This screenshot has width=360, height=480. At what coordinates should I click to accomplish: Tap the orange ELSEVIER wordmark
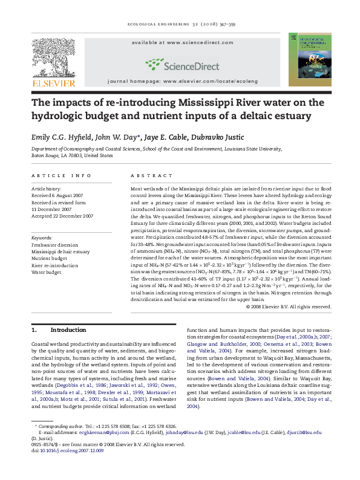pos(53,83)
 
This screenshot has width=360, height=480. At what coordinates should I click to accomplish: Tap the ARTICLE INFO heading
pos(61,176)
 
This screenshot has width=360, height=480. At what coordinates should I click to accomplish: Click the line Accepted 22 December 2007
pos(62,216)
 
